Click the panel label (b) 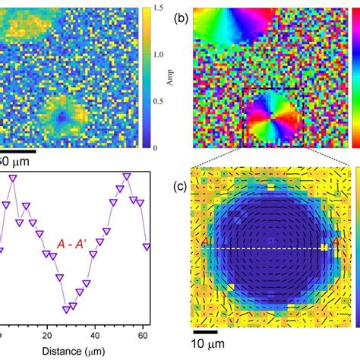(x=182, y=13)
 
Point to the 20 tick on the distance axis (x=47, y=336)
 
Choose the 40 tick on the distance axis (x=91, y=336)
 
